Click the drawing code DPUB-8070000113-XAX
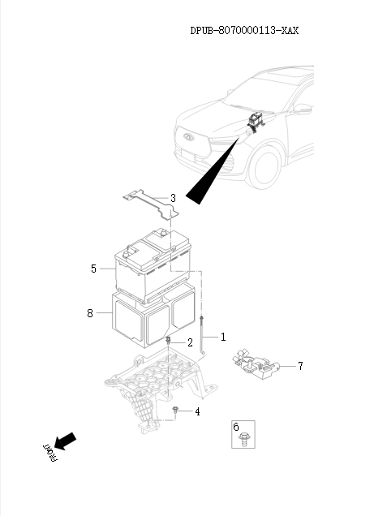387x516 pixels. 244,31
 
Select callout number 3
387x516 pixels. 173,198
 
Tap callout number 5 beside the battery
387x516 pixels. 93,269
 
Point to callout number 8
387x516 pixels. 90,313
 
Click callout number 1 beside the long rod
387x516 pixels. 223,337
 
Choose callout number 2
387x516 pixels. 190,342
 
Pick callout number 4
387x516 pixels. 197,411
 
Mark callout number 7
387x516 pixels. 300,366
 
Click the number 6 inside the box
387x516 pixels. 236,427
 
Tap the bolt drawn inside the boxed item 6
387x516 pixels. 244,439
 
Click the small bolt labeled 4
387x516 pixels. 175,411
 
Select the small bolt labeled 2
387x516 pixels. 168,340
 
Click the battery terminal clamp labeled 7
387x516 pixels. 256,364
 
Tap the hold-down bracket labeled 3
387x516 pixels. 152,204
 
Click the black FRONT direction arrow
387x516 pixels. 65,441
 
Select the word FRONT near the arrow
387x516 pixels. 50,454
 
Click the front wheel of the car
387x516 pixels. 264,168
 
